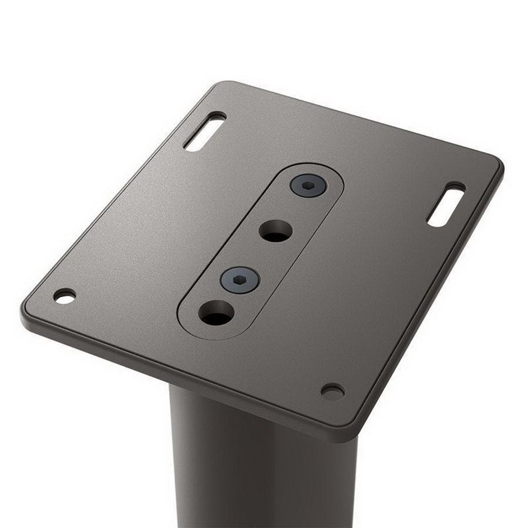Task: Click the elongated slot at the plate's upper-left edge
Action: point(204,131)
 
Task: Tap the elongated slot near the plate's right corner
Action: point(446,204)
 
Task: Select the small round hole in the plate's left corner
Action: point(64,296)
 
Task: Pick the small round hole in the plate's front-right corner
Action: point(333,391)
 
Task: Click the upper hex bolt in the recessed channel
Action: point(308,186)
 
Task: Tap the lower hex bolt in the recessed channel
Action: point(240,279)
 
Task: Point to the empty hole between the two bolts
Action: point(276,231)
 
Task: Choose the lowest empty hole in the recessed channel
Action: point(216,313)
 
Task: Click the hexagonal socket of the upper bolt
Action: point(308,185)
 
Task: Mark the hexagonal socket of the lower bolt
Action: point(240,279)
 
